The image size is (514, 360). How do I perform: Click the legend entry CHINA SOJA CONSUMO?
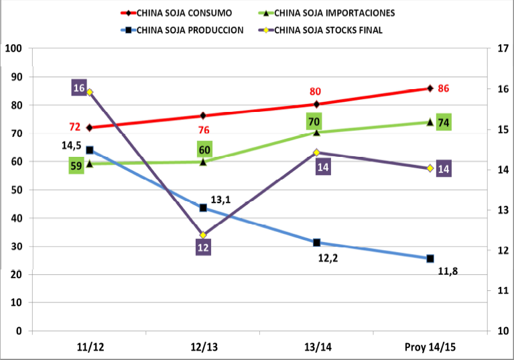(x=185, y=12)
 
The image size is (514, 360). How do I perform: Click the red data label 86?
(x=443, y=88)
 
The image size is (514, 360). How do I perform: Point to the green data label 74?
(x=443, y=122)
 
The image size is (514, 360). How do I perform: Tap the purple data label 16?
(x=79, y=88)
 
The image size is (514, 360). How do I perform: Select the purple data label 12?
(x=203, y=247)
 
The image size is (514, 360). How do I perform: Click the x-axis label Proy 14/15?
(x=430, y=347)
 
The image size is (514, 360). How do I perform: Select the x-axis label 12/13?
(x=203, y=347)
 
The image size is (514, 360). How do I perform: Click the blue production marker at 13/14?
(x=317, y=243)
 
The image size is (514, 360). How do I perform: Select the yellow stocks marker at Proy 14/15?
(x=430, y=168)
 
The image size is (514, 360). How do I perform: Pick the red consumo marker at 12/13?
(x=203, y=115)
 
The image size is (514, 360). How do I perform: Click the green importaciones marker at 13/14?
(x=317, y=132)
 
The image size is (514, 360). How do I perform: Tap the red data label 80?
(x=316, y=92)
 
